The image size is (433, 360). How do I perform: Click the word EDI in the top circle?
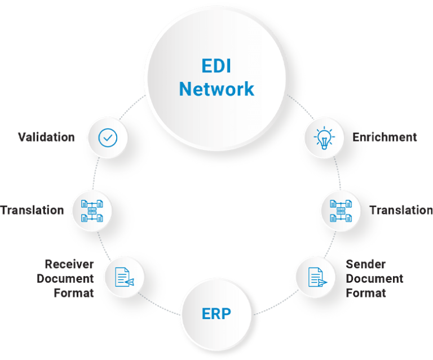[216, 66]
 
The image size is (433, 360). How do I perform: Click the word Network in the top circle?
[216, 88]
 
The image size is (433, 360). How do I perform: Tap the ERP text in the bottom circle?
[216, 313]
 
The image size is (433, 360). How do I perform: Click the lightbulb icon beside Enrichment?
[324, 137]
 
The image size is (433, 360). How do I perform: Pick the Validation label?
[46, 137]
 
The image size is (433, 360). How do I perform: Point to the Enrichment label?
[385, 137]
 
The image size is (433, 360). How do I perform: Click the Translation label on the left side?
[32, 210]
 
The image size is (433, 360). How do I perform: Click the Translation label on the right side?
[400, 210]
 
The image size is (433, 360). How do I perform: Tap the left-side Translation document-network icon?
[92, 210]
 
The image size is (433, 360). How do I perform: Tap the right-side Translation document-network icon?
[341, 210]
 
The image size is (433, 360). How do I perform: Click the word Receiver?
[69, 264]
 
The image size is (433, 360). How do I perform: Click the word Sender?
[365, 264]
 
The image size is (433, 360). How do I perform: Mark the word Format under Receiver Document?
[73, 292]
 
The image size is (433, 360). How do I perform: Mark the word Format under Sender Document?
[365, 293]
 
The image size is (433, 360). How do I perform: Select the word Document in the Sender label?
[374, 279]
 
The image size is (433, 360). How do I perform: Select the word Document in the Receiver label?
[65, 278]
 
